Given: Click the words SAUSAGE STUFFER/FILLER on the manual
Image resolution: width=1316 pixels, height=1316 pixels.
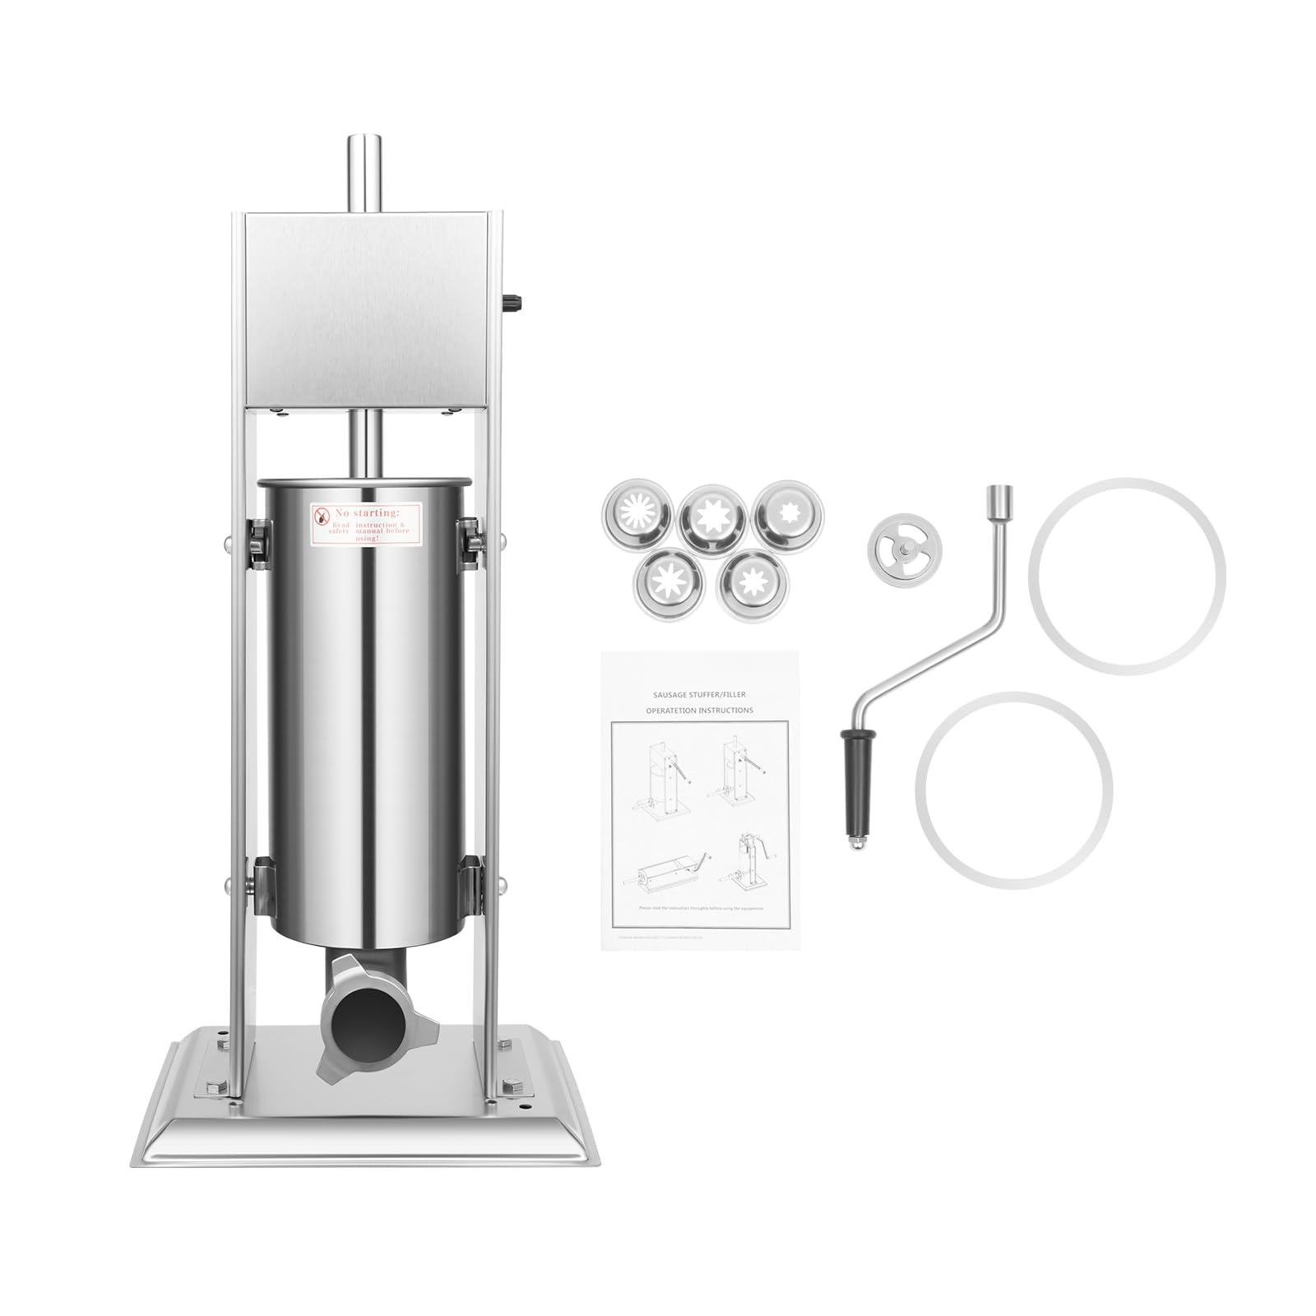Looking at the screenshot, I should (699, 695).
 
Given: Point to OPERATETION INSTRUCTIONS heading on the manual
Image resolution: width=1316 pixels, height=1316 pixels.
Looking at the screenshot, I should (699, 711).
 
